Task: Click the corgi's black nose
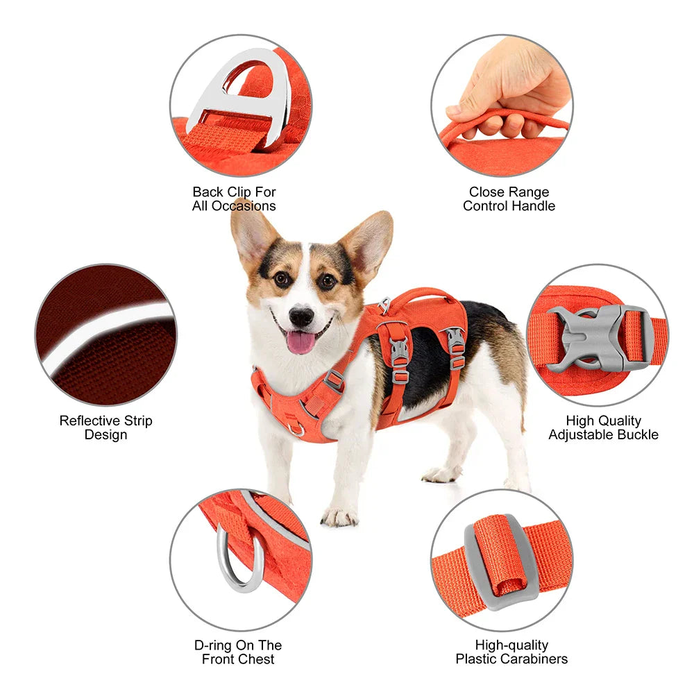point(301,316)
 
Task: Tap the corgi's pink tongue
point(301,341)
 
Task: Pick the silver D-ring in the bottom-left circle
point(239,559)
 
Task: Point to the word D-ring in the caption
point(213,645)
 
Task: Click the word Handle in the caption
point(535,205)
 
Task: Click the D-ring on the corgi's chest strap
point(297,429)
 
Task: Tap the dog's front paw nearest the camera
point(339,516)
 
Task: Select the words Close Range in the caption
point(509,192)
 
